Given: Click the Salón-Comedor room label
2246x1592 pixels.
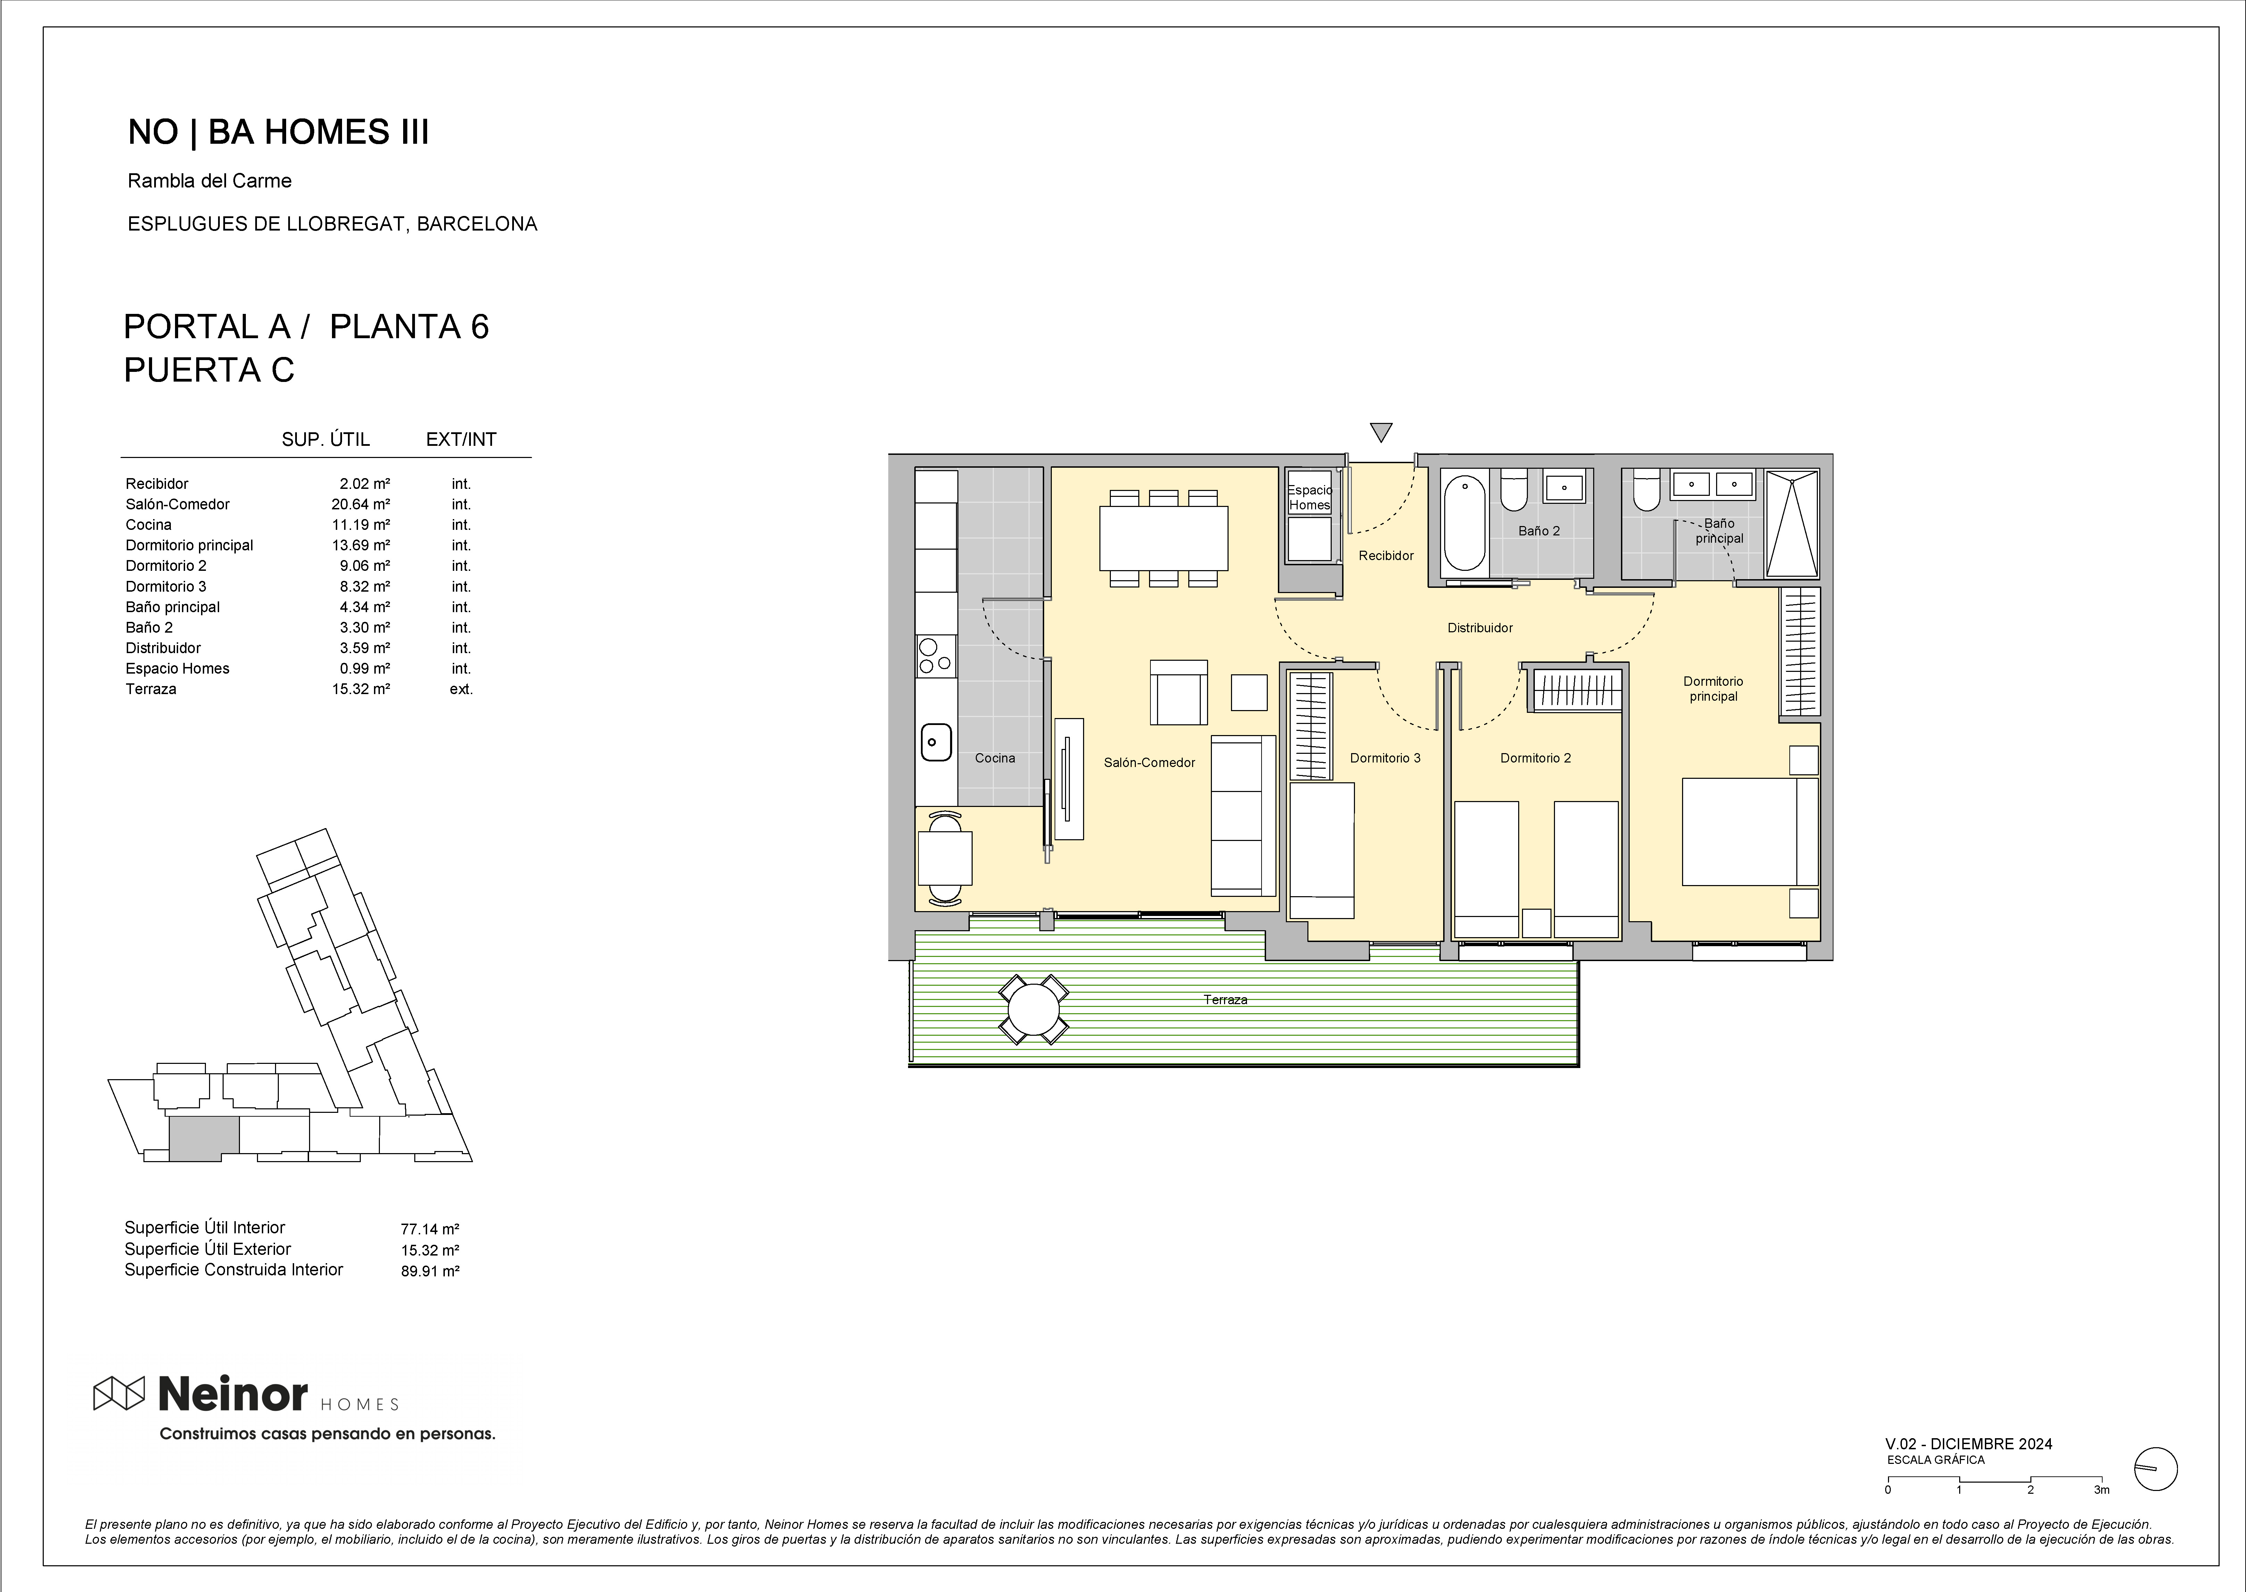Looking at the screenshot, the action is (x=1149, y=763).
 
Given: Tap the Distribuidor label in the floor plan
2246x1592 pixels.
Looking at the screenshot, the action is (x=1480, y=627).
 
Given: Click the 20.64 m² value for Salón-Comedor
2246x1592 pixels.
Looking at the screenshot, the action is (x=361, y=504).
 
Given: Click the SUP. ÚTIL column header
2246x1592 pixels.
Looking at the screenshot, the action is (x=325, y=439).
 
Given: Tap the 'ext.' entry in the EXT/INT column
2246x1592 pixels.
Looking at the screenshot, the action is (x=461, y=689).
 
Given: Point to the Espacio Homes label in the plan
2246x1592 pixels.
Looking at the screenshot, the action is (x=1310, y=497).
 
